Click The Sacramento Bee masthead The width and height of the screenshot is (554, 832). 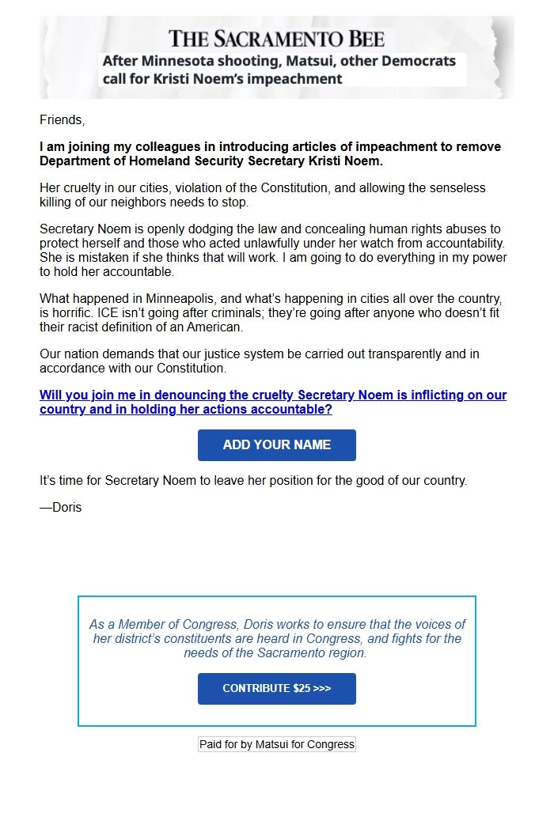click(x=276, y=38)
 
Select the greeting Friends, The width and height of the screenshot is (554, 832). click(x=62, y=120)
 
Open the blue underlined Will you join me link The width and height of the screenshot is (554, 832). click(x=273, y=402)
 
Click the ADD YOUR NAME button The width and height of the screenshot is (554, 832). click(x=276, y=445)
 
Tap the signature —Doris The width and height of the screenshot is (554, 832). click(x=61, y=507)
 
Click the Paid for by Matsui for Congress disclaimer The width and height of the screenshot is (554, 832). click(x=276, y=744)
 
